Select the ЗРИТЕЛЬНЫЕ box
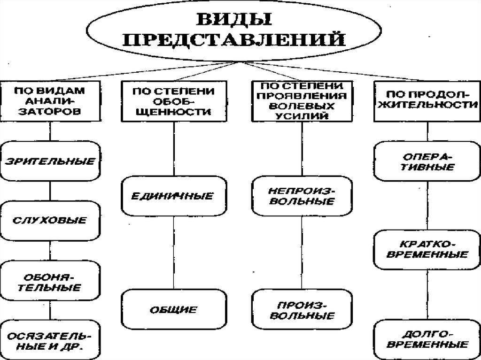tap(50, 162)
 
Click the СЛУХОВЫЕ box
tap(50, 220)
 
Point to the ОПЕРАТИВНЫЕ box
tap(427, 161)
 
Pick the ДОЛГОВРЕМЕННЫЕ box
tap(427, 339)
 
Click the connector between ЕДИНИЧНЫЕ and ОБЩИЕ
tap(174, 253)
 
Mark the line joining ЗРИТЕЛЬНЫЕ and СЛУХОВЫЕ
tap(50, 191)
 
